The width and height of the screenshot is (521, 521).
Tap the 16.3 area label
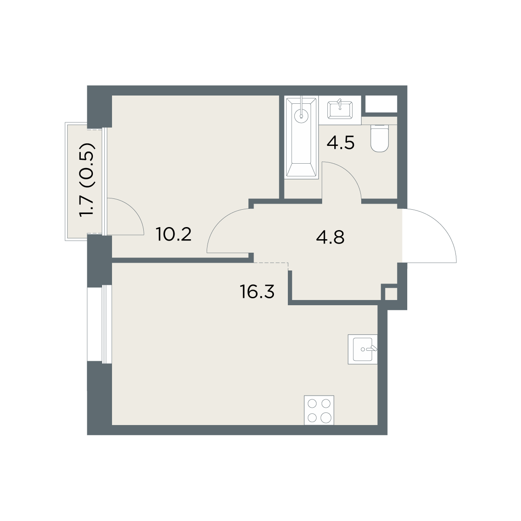257,292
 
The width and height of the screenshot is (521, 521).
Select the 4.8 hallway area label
330,237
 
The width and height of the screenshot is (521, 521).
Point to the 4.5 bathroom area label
340,143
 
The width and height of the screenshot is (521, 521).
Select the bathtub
301,137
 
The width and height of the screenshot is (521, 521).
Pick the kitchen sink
363,349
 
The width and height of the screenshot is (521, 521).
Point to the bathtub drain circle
301,116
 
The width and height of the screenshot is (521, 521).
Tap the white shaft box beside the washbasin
381,104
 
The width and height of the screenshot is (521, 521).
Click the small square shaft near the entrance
391,294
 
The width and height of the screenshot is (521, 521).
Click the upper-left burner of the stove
312,404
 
